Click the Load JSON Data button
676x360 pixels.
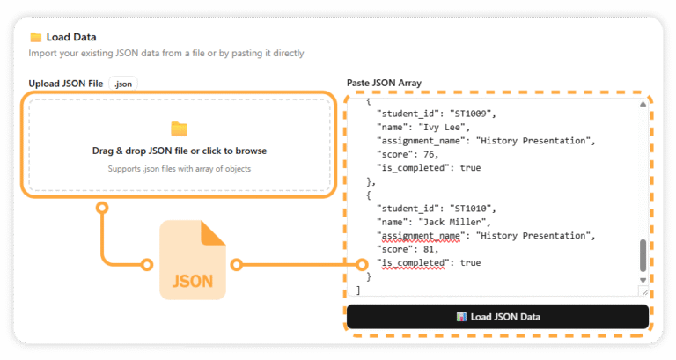click(x=497, y=317)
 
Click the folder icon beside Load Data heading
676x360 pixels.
click(x=36, y=37)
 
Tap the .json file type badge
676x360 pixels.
click(x=123, y=83)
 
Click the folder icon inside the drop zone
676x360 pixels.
click(x=180, y=129)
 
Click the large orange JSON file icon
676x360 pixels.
click(x=192, y=261)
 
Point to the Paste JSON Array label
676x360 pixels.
click(x=384, y=83)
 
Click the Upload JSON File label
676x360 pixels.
click(x=66, y=83)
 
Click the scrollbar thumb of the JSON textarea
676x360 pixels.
click(x=643, y=255)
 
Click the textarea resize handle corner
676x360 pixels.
click(x=643, y=290)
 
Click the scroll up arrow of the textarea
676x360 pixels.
click(x=643, y=104)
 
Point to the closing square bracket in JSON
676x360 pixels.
click(x=358, y=290)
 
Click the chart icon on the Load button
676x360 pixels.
click(x=460, y=317)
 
